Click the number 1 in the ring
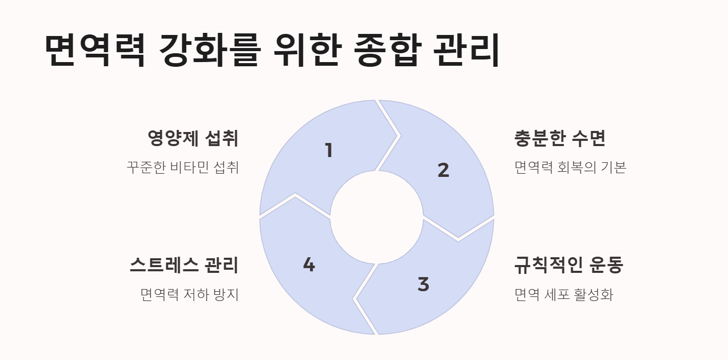[329, 151]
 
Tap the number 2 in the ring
[443, 170]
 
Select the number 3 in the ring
[423, 285]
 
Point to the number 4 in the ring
[309, 265]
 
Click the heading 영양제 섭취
[193, 139]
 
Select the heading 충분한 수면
[560, 139]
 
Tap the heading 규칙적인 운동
[568, 266]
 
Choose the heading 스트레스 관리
[184, 266]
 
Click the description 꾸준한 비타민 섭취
[183, 167]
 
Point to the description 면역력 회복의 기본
[570, 167]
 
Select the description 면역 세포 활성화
[563, 295]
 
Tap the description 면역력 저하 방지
[189, 295]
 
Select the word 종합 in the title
[386, 51]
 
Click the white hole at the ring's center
[377, 217]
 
